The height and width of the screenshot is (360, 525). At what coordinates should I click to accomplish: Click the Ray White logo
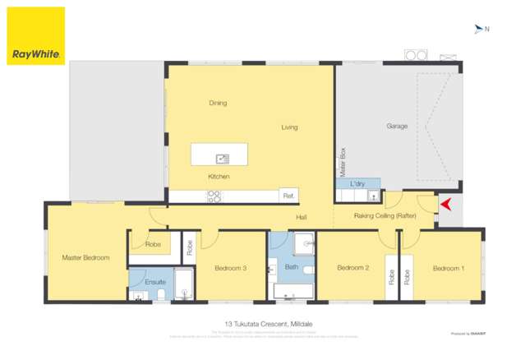point(35,36)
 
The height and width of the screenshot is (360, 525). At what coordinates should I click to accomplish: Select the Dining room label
point(218,104)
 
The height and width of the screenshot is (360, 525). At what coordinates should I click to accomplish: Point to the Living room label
point(289,127)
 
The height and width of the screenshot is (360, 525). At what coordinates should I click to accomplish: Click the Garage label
point(397,127)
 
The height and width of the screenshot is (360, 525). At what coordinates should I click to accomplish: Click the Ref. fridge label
point(288,196)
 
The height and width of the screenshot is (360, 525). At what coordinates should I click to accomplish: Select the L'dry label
point(357,183)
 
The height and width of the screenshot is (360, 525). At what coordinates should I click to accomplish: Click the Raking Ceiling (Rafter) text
point(385,215)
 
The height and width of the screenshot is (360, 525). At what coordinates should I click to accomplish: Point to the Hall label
point(302,217)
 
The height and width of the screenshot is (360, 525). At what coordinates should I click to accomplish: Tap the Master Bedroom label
point(85,258)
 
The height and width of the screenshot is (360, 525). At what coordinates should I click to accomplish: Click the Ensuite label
point(155,282)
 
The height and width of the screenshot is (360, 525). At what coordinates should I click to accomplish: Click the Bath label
point(291,267)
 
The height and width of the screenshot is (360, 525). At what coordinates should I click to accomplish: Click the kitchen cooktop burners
point(214,196)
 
